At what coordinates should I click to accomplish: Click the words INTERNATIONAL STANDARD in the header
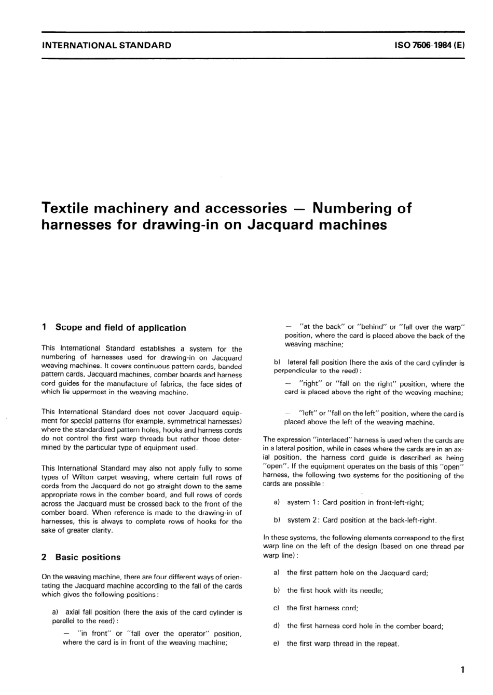tap(106, 45)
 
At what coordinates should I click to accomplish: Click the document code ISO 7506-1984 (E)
tap(429, 45)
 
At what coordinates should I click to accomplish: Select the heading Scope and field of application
tap(120, 328)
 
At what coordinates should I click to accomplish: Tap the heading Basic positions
tap(88, 557)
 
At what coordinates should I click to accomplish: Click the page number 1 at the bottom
tap(462, 670)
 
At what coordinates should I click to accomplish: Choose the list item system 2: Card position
tap(361, 520)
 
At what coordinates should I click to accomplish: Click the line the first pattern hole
tap(357, 572)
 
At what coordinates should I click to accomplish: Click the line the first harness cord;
tap(322, 608)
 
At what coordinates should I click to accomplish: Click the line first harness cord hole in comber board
tap(365, 626)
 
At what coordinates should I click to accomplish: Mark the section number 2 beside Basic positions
tap(44, 557)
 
